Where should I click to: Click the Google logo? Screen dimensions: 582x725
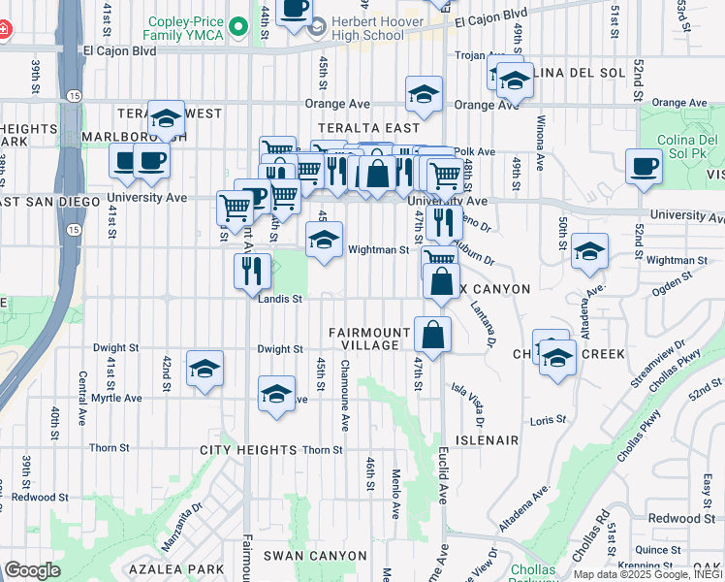pyautogui.click(x=32, y=570)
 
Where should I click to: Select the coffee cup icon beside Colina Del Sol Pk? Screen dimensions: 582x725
pyautogui.click(x=644, y=167)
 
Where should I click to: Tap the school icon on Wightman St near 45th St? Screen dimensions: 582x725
pyautogui.click(x=324, y=239)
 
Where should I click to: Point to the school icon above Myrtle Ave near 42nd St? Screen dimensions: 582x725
pyautogui.click(x=205, y=369)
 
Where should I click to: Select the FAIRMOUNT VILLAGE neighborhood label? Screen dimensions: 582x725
pyautogui.click(x=364, y=339)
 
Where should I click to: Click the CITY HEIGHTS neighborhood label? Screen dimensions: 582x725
pyautogui.click(x=248, y=450)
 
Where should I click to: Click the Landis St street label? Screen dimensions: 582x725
pyautogui.click(x=281, y=300)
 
